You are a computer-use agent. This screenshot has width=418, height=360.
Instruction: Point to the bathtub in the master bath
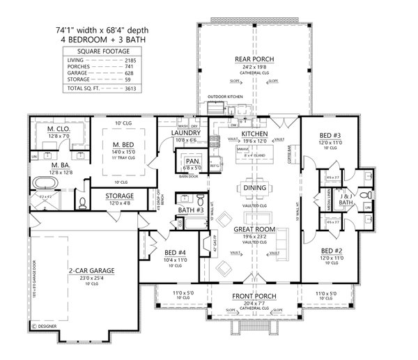(43, 185)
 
